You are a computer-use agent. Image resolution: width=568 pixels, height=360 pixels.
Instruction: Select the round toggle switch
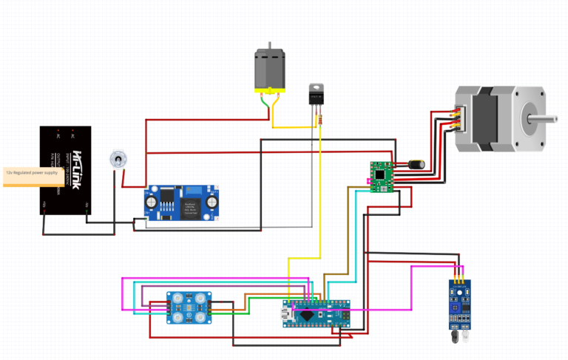117,158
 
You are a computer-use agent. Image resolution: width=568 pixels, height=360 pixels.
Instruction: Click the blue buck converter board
182,203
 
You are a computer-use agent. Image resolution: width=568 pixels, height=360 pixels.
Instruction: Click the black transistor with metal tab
317,94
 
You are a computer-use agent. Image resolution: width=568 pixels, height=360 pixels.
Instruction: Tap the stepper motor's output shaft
544,117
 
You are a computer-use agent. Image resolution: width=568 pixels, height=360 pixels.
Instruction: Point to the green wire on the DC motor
263,106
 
